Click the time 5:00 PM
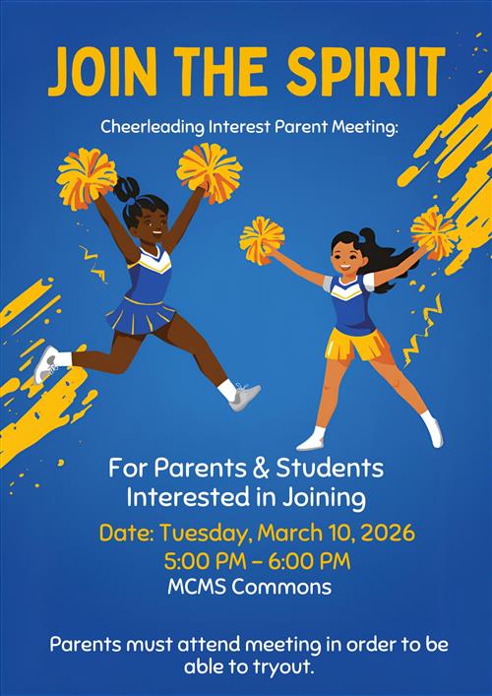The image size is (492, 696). pyautogui.click(x=202, y=561)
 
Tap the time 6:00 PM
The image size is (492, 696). pyautogui.click(x=310, y=561)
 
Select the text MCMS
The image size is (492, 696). pyautogui.click(x=196, y=588)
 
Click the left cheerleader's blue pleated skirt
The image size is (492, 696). pyautogui.click(x=141, y=316)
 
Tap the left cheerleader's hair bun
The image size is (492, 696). pyautogui.click(x=128, y=185)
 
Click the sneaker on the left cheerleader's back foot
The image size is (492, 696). pyautogui.click(x=46, y=363)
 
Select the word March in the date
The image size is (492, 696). pyautogui.click(x=297, y=534)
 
